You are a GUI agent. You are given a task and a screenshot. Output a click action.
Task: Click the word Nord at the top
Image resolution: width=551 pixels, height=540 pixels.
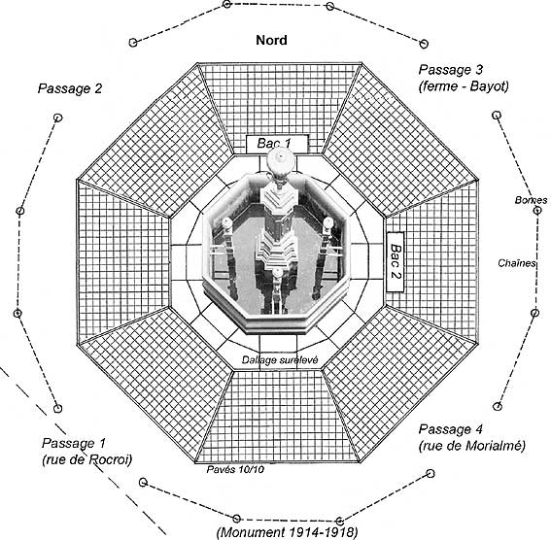[x=271, y=40]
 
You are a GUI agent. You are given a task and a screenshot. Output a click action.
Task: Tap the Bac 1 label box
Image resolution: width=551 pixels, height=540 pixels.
[x=277, y=144]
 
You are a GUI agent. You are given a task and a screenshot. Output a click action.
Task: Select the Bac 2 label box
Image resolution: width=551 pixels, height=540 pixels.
[x=395, y=261]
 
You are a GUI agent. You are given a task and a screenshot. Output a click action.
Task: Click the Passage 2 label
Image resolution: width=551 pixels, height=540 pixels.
[x=70, y=88]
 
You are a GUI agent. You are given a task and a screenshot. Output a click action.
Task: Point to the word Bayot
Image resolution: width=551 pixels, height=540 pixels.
[x=489, y=86]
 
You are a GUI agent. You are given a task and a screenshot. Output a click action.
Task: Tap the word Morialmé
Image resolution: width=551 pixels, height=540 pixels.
[x=496, y=446]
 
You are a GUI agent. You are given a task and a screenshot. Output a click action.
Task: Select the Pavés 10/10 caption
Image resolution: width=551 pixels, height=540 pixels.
[x=235, y=469]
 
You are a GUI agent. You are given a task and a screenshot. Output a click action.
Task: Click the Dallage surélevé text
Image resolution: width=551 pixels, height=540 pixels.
[x=280, y=360]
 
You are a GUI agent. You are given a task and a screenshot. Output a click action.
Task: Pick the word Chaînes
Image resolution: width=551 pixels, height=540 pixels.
[x=517, y=263]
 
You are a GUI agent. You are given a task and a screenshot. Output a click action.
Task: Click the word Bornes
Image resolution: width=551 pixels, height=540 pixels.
[x=531, y=200]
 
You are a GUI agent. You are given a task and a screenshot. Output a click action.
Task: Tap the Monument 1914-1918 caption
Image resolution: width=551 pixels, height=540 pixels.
[x=287, y=532]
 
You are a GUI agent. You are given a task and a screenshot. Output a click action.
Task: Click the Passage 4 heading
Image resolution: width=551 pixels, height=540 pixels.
[x=451, y=429]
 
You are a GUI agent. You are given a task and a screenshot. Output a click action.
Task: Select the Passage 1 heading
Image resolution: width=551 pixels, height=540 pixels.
[x=74, y=443]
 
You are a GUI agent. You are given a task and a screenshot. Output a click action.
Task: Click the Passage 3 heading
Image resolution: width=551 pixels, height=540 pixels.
[x=451, y=70]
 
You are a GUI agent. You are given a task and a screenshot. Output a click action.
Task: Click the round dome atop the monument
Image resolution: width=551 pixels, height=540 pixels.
[x=279, y=161]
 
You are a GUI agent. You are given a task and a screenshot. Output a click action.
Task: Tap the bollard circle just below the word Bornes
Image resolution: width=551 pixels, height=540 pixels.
[x=537, y=211]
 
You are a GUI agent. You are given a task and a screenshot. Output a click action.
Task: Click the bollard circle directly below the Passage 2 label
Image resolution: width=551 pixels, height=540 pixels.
[x=57, y=118]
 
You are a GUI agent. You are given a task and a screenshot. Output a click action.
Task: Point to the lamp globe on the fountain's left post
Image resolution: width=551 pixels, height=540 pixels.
[x=227, y=222]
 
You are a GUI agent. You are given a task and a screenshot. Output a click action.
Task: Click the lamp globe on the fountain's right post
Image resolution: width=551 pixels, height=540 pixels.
[x=328, y=222]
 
